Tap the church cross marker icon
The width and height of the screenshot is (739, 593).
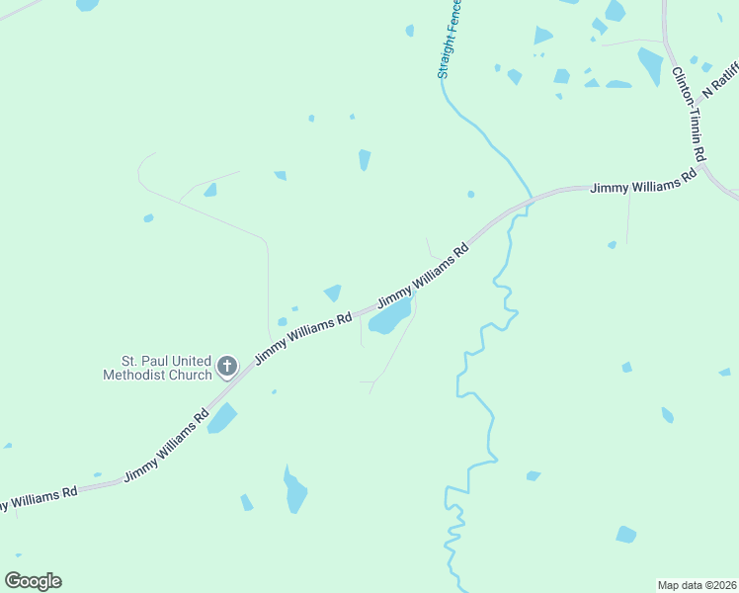226,368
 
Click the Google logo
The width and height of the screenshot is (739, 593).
33,581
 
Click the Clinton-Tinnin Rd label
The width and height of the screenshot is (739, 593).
689,115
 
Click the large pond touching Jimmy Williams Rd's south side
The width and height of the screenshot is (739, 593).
389,317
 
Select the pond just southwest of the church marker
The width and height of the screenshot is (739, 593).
222,418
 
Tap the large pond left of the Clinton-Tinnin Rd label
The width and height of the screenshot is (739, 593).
650,65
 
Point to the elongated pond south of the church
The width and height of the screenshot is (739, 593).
294,490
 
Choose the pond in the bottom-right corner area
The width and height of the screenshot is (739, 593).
625,535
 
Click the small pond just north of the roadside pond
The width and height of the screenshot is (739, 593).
333,293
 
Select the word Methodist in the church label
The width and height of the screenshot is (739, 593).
158,376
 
